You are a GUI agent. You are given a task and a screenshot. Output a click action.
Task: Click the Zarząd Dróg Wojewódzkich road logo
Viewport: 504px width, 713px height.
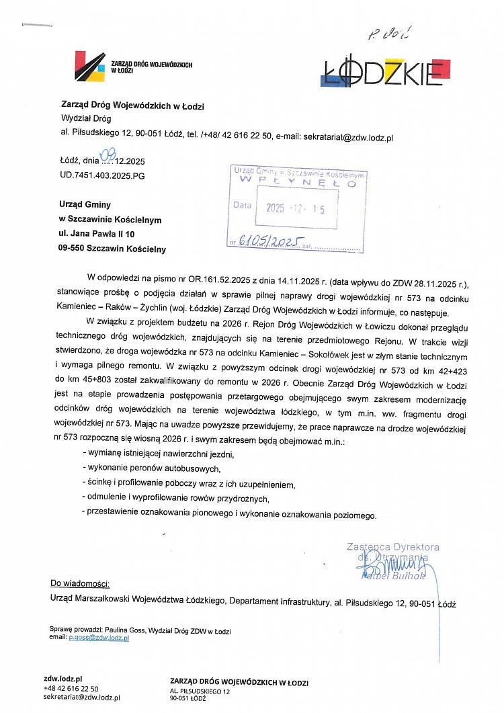click(x=91, y=65)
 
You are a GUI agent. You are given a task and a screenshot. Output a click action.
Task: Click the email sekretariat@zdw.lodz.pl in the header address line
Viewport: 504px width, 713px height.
click(x=348, y=136)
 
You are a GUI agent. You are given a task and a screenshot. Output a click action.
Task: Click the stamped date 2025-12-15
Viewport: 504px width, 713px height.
click(x=295, y=208)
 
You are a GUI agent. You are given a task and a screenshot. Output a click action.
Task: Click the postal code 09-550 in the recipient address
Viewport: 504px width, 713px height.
click(x=77, y=249)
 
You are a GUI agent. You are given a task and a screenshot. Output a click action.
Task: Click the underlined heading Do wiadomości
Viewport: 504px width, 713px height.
click(x=79, y=583)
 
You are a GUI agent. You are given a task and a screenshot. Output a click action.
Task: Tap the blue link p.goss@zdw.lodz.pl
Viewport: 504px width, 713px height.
click(x=99, y=637)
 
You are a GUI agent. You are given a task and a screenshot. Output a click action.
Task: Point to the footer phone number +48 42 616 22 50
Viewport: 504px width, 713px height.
click(x=71, y=688)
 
